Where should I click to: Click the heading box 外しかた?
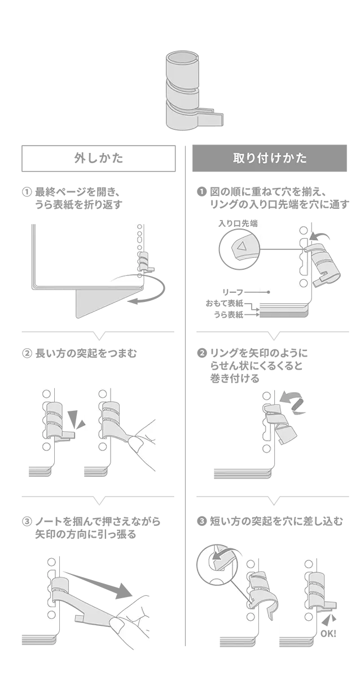pyautogui.click(x=98, y=158)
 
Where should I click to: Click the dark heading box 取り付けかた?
pyautogui.click(x=270, y=158)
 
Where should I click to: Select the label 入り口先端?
pyautogui.click(x=238, y=223)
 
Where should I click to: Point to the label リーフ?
pyautogui.click(x=233, y=292)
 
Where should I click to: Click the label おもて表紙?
pyautogui.click(x=225, y=303)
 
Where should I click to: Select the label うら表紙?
pyautogui.click(x=229, y=314)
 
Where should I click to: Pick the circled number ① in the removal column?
pyautogui.click(x=27, y=192)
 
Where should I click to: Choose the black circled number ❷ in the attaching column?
pyautogui.click(x=201, y=353)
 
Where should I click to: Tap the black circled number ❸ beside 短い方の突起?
pyautogui.click(x=201, y=521)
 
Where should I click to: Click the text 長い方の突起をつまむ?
pyautogui.click(x=86, y=353)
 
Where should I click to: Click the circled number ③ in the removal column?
pyautogui.click(x=27, y=521)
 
